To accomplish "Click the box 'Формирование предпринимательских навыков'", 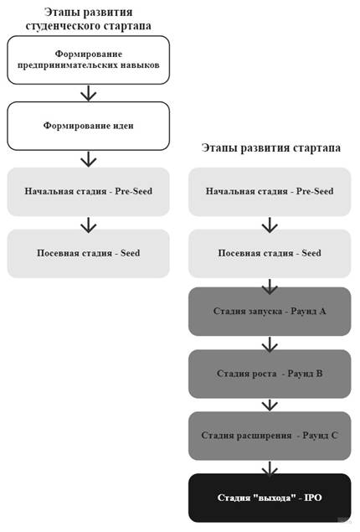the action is (x=88, y=59).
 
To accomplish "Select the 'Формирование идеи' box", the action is (x=88, y=126).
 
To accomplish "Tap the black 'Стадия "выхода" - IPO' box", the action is (x=270, y=498).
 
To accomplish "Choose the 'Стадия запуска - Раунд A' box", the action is (x=270, y=312).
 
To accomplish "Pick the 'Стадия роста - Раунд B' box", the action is (x=270, y=374).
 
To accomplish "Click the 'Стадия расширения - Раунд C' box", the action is (x=270, y=436).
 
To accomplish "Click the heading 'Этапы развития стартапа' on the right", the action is (x=271, y=148).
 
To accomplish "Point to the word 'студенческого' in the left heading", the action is (x=62, y=26).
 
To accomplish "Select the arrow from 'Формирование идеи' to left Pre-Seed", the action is (x=89, y=159).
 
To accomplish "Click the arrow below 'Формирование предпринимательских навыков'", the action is (x=89, y=93).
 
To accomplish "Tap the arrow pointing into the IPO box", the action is (x=270, y=468).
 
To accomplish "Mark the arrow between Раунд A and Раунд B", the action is (x=270, y=344).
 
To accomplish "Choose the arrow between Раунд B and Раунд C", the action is (x=270, y=405).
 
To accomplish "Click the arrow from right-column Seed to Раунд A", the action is (x=270, y=287).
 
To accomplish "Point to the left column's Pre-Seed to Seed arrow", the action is (x=89, y=225).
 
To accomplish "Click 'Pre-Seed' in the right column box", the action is (x=315, y=191).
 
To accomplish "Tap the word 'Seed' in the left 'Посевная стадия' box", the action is (x=130, y=253).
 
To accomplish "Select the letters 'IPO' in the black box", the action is (x=312, y=498).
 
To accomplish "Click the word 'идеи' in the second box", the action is (x=123, y=126).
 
